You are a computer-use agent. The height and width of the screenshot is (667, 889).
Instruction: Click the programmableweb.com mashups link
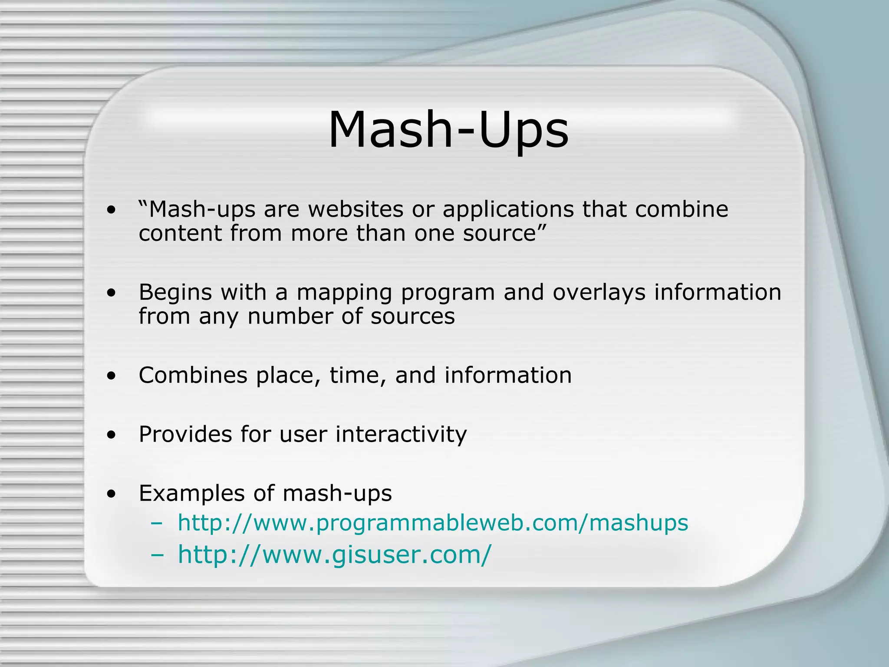(x=433, y=523)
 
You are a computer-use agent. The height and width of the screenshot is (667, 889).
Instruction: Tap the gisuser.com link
(x=334, y=555)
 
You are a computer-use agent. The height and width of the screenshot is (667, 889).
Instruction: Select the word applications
(x=508, y=209)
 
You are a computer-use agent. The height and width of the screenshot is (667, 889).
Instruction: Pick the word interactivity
(x=401, y=434)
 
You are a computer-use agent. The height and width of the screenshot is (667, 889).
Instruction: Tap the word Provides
(x=185, y=434)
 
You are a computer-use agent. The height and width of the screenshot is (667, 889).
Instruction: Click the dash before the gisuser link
(x=157, y=555)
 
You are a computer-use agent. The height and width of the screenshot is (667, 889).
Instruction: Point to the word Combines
(x=193, y=375)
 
